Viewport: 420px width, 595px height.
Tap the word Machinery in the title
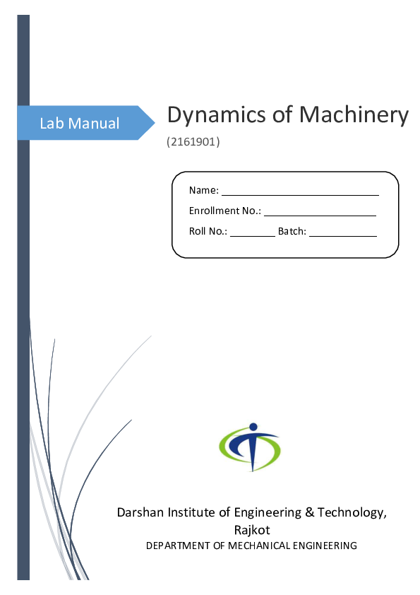tap(354, 115)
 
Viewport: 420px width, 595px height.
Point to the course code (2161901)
tap(193, 143)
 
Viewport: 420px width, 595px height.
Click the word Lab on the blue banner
tap(51, 124)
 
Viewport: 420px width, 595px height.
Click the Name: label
tap(204, 191)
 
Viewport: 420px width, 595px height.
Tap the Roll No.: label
tap(208, 231)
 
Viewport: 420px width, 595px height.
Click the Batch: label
tap(292, 231)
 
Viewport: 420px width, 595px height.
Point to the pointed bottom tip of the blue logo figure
tap(252, 469)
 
